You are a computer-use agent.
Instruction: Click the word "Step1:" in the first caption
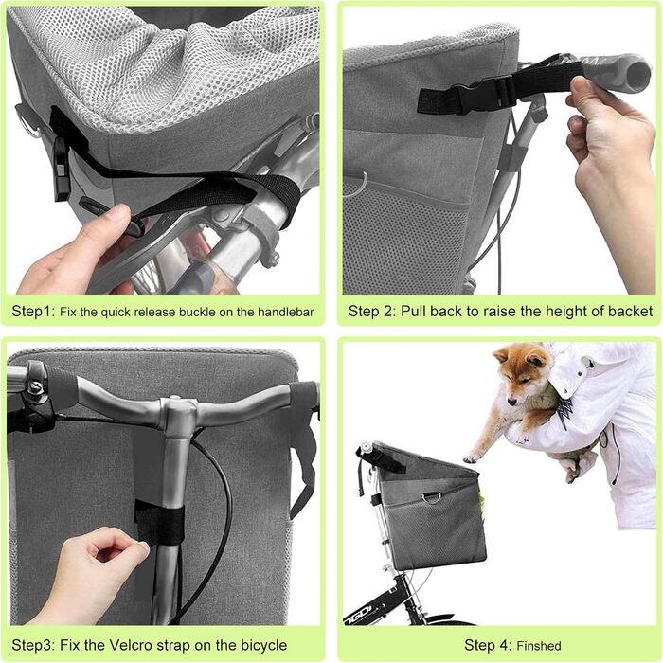33,312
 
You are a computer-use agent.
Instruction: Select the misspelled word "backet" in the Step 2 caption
631,312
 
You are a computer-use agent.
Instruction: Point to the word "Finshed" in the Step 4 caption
539,646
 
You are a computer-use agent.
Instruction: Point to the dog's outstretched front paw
471,458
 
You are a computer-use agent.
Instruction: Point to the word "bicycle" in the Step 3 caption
264,645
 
